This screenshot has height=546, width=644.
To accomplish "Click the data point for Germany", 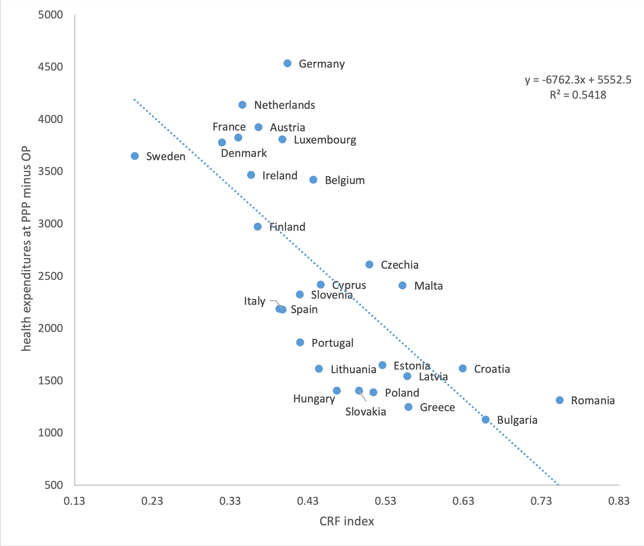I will click(x=287, y=64).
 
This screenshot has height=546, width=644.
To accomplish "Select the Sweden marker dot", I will click(x=135, y=156).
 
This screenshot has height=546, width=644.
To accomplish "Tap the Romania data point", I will click(x=559, y=400).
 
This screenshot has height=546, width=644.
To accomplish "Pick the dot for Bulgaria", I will click(x=486, y=420).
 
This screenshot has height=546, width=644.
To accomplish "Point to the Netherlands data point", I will click(x=242, y=105).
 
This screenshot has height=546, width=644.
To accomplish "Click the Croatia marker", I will click(x=463, y=368).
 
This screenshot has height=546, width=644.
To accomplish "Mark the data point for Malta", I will click(x=402, y=286).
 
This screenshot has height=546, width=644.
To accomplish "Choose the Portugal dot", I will click(x=300, y=342).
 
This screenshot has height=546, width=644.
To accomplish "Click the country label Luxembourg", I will click(x=325, y=140).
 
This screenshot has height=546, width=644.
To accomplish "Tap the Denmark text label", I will click(x=244, y=153).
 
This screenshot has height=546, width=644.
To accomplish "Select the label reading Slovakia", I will click(x=365, y=412).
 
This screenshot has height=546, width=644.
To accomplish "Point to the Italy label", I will click(x=254, y=301).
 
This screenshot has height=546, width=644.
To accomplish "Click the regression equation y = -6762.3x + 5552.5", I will click(x=578, y=80).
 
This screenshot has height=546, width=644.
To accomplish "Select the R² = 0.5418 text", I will click(x=578, y=95).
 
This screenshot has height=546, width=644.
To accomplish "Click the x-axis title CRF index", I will click(x=347, y=521).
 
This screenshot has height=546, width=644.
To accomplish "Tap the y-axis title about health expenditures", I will click(x=26, y=249).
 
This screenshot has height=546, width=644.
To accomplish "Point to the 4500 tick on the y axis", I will click(x=51, y=67).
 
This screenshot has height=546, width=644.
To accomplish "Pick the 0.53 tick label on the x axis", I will click(x=386, y=501).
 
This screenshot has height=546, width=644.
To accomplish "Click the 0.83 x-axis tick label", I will click(x=619, y=501).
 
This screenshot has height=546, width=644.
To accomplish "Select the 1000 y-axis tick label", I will click(x=51, y=433).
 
